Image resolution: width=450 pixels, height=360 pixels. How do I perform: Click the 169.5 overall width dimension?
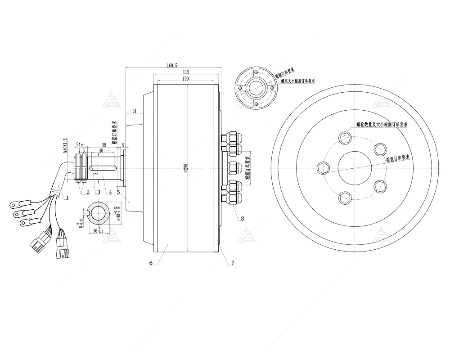click(171, 65)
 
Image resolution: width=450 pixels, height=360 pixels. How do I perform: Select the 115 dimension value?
click(185, 72)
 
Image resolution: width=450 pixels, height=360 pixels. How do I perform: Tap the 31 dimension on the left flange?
click(134, 111)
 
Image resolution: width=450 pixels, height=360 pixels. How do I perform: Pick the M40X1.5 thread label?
click(65, 145)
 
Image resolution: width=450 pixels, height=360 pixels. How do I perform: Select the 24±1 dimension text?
click(81, 144)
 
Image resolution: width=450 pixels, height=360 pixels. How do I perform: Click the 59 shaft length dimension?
click(104, 145)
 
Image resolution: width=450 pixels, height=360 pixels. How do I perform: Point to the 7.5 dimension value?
click(81, 151)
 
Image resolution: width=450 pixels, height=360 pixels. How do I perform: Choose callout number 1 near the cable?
click(67, 197)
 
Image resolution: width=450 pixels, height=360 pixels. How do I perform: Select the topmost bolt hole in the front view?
click(345, 137)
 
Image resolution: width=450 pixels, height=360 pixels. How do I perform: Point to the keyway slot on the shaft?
click(103, 168)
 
